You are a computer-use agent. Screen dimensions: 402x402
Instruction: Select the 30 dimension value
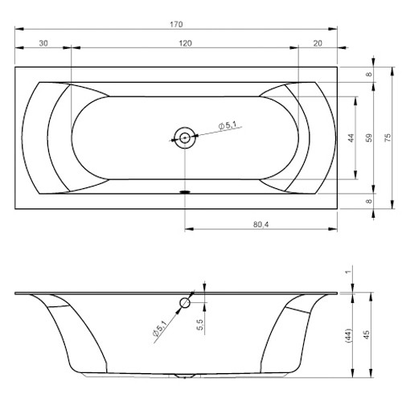click(43, 43)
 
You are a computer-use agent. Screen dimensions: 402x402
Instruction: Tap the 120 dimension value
click(184, 43)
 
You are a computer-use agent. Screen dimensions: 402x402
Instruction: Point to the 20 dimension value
click(318, 43)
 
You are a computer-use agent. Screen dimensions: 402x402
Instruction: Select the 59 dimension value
click(369, 137)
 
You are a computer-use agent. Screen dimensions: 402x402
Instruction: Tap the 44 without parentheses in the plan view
click(350, 137)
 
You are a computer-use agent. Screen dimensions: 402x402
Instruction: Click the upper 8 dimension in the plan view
click(369, 75)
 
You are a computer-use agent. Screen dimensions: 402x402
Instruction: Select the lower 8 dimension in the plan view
click(369, 201)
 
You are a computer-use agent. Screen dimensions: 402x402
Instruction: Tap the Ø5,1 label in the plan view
click(228, 125)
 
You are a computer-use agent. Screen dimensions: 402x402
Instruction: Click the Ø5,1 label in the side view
click(159, 330)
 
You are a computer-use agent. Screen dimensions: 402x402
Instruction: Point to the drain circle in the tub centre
click(185, 137)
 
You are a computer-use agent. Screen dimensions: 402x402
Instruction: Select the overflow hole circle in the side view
click(185, 303)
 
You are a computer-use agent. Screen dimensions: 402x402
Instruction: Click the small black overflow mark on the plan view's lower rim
click(186, 192)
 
